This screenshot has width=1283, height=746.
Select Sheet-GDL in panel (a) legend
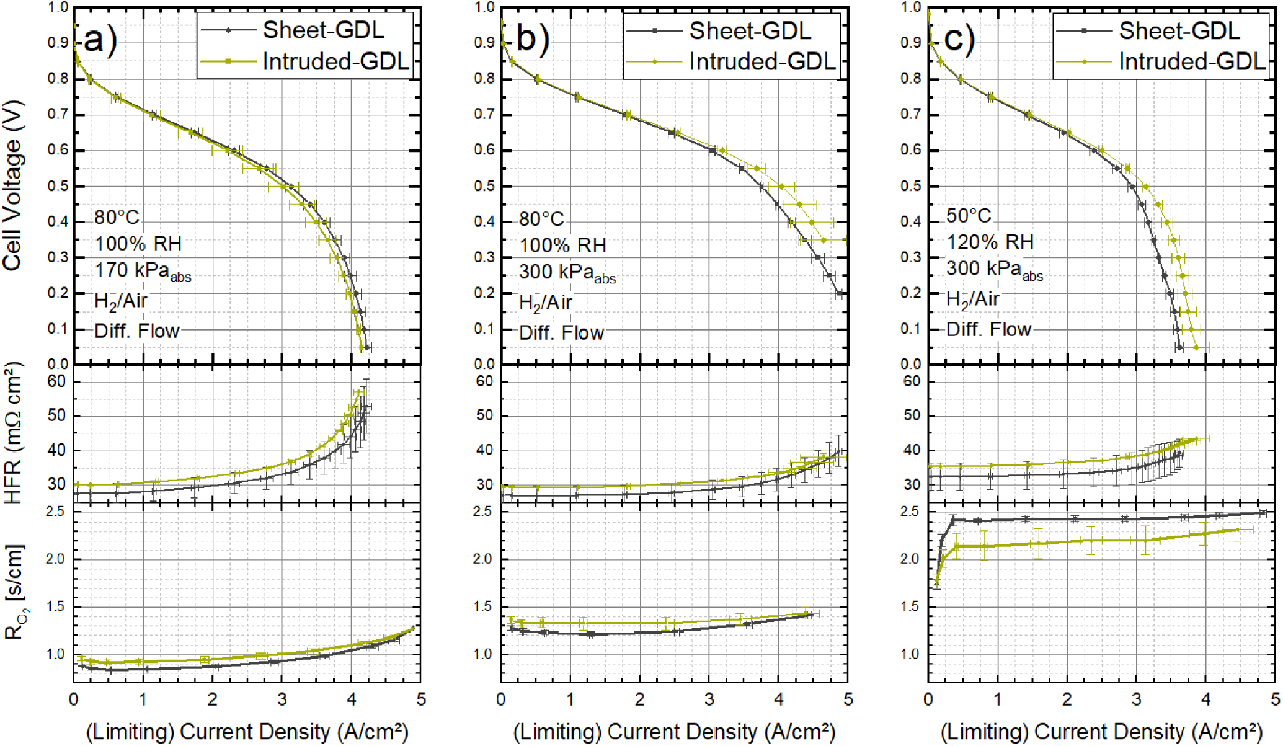[x=322, y=30]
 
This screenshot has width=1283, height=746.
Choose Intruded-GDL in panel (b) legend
[x=761, y=61]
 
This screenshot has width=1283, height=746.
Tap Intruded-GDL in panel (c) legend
[x=1191, y=61]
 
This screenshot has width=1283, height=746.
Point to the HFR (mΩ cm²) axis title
[x=13, y=433]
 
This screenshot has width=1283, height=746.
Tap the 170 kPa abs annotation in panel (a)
[x=142, y=271]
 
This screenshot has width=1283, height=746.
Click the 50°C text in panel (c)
[x=968, y=216]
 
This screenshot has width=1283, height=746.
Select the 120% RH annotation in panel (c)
[x=990, y=242]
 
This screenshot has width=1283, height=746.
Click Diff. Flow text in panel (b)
[x=561, y=333]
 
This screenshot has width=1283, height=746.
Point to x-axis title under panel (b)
[x=674, y=732]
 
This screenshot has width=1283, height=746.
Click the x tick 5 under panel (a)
[x=421, y=699]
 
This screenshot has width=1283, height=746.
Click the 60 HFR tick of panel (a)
[x=56, y=381]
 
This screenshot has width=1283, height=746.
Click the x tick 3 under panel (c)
[x=1136, y=699]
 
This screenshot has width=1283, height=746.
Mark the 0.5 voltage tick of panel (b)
[x=484, y=186]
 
